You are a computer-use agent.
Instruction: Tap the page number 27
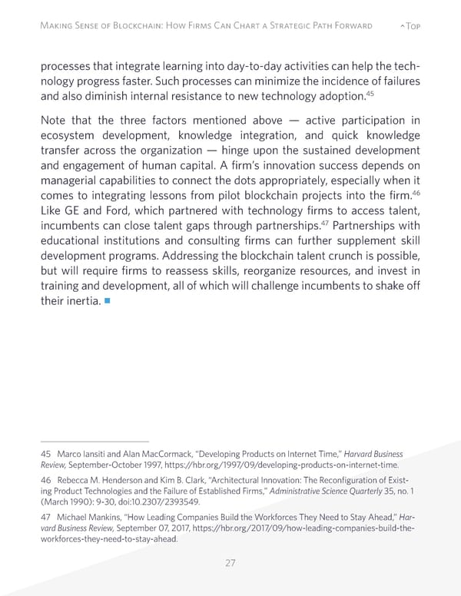click(230, 563)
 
